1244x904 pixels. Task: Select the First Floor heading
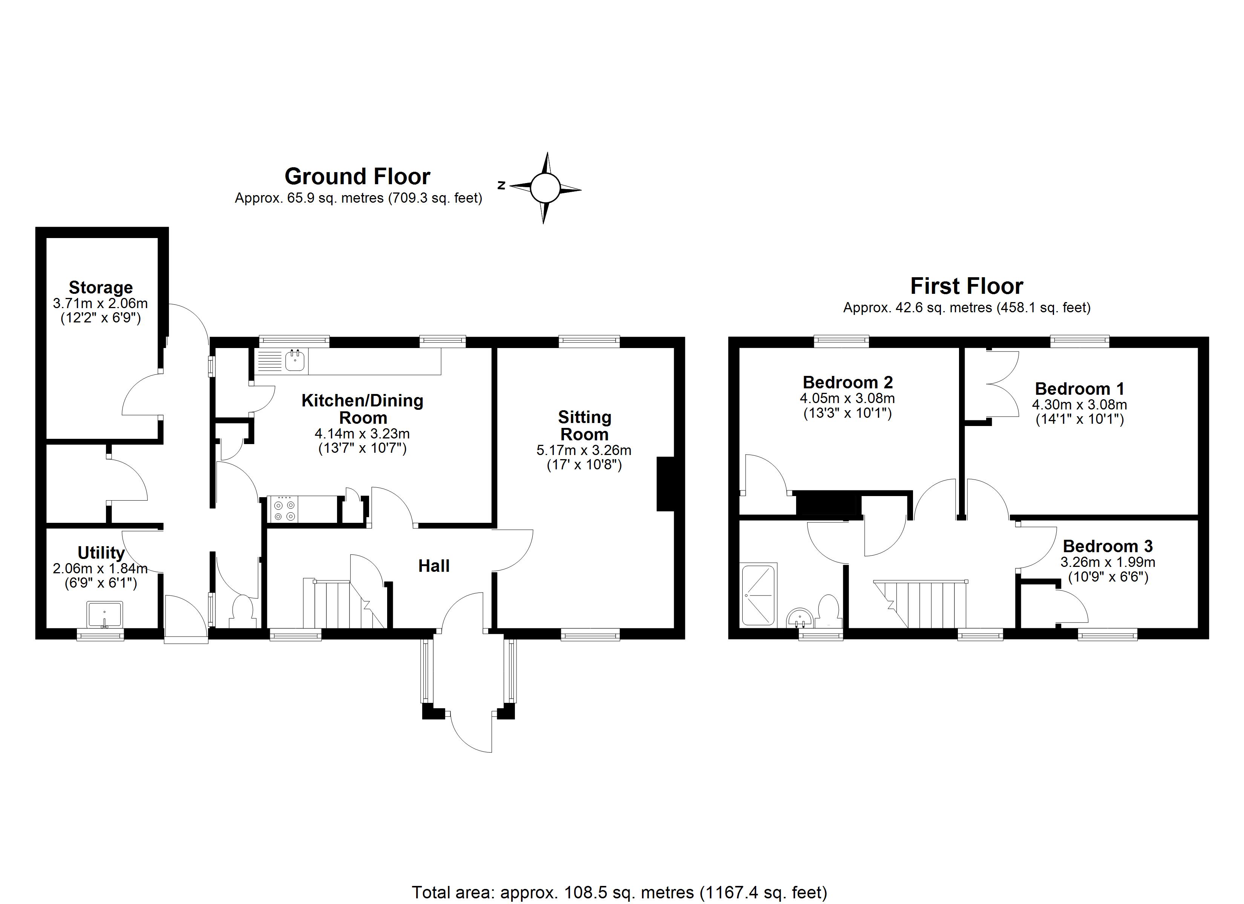[967, 286]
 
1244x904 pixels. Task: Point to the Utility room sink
[104, 614]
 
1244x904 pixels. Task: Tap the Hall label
[434, 566]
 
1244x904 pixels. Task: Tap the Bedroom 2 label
[847, 382]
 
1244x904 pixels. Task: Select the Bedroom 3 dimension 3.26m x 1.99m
[1108, 562]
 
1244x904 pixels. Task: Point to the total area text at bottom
[619, 892]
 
